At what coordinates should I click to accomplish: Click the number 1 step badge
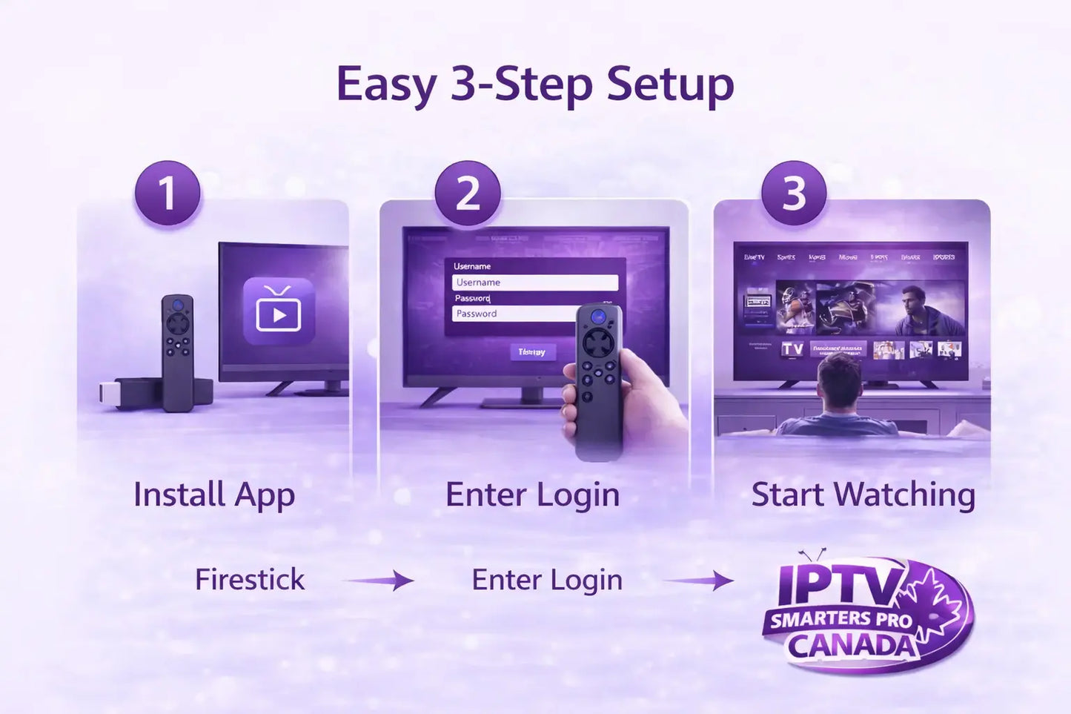point(168,194)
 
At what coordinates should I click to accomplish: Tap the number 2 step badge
point(468,194)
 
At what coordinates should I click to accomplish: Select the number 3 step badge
point(794,194)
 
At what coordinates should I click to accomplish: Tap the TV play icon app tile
point(279,312)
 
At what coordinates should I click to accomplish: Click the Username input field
point(534,282)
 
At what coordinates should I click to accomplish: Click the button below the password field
point(532,352)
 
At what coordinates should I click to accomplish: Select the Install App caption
point(214,495)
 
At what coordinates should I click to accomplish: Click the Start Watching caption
point(863,495)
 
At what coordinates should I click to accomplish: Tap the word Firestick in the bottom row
point(250,580)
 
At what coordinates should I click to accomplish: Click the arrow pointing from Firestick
point(381,580)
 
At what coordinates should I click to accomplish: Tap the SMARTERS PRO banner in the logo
point(840,619)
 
